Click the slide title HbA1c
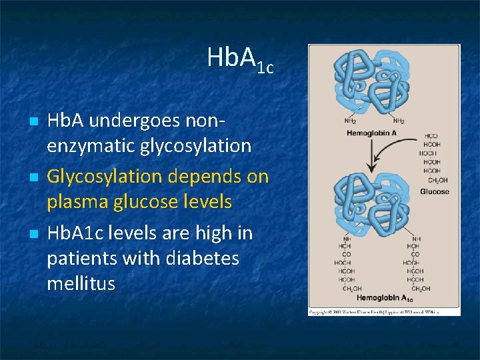240,59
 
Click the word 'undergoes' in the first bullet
146,121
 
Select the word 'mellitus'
81,283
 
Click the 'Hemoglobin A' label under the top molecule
371,134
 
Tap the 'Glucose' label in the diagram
434,191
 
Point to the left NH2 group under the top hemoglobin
350,121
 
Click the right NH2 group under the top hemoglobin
399,121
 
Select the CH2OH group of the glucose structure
437,180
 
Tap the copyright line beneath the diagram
384,311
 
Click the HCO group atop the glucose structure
431,136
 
